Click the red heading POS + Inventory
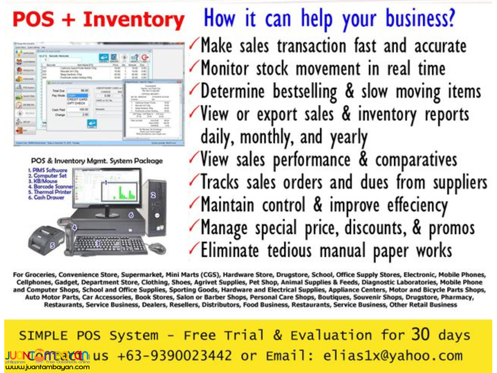[x=98, y=20]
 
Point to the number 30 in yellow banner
[x=420, y=335]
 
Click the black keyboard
[x=110, y=245]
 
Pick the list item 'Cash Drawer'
[x=49, y=197]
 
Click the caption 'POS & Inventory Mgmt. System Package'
[x=97, y=160]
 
